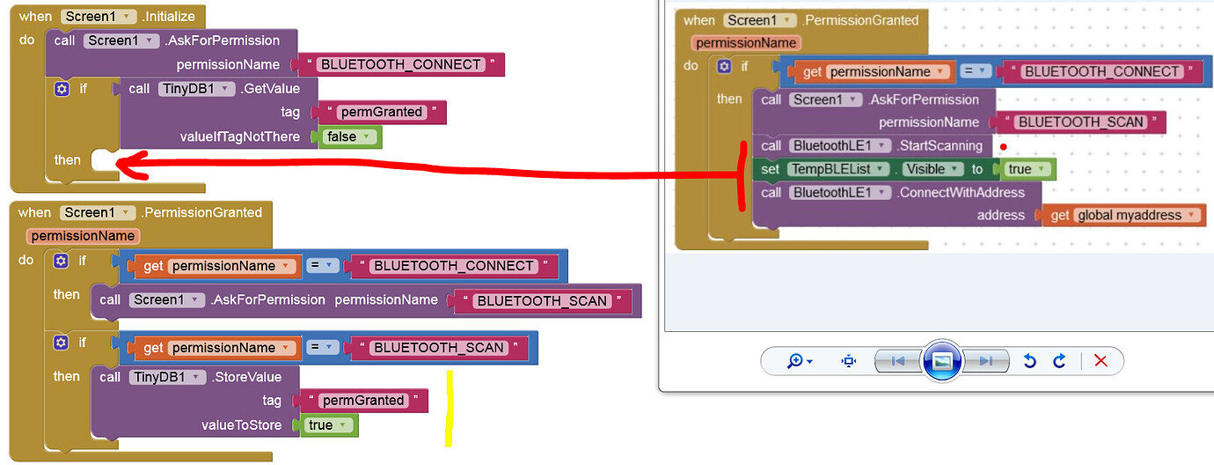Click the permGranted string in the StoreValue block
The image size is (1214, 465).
pos(363,401)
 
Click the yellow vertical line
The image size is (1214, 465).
pos(449,407)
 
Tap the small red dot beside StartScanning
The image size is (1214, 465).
pos(1003,146)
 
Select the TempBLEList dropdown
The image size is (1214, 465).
pos(837,169)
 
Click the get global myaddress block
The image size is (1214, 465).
pos(1123,215)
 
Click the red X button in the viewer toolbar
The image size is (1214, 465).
pos(1101,360)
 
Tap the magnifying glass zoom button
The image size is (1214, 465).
pos(799,360)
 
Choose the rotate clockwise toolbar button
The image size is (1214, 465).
pos(1060,360)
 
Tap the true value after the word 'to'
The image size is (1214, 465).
pos(1023,169)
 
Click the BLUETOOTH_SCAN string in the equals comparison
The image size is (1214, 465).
pos(439,348)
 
